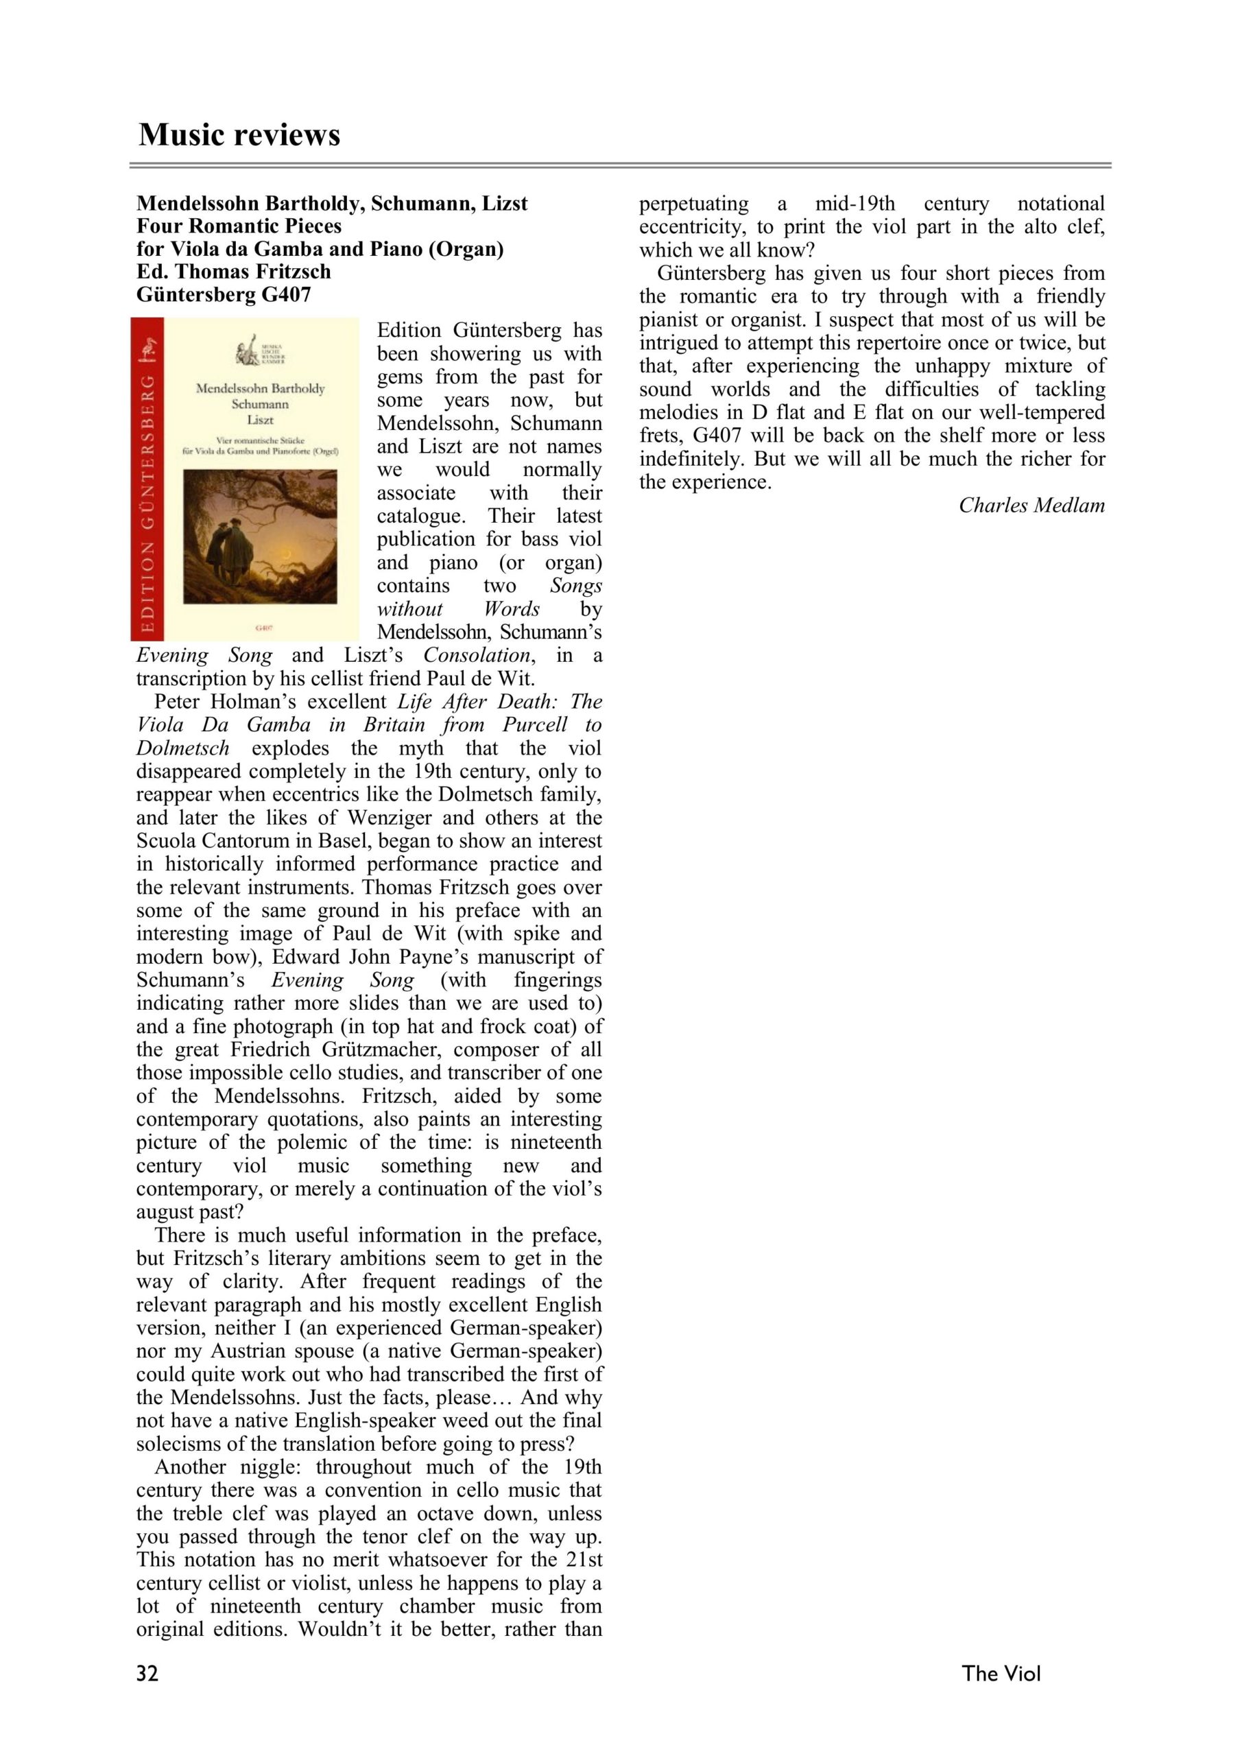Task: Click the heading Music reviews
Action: click(239, 134)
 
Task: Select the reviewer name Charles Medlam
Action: click(1031, 506)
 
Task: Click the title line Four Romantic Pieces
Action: click(239, 226)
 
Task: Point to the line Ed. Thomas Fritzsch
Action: click(233, 272)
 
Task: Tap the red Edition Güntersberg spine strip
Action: click(148, 479)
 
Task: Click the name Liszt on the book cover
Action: click(260, 420)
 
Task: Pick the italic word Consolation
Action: click(477, 656)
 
